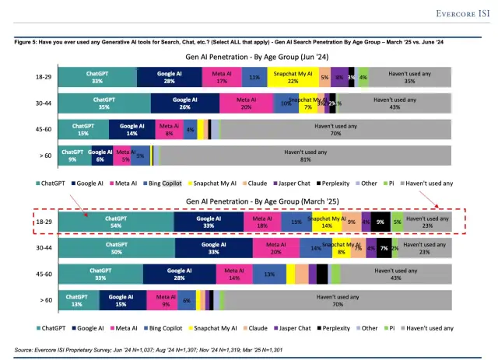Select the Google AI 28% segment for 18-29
click(169, 75)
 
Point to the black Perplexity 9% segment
click(380, 222)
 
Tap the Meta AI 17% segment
click(221, 75)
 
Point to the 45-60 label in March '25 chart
click(44, 274)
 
